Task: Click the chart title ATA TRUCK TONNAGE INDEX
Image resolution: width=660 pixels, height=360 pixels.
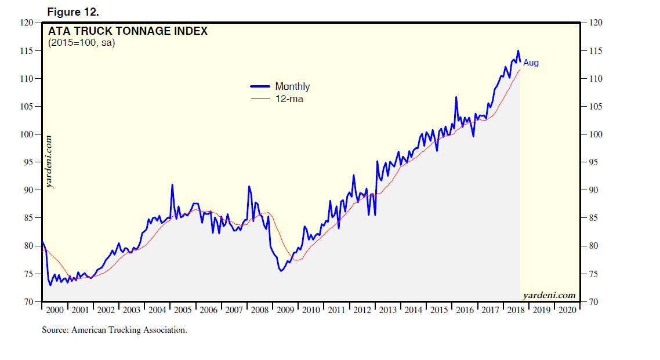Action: (128, 31)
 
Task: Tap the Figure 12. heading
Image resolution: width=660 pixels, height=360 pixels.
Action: (70, 12)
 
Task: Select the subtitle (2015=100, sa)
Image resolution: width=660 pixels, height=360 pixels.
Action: (82, 43)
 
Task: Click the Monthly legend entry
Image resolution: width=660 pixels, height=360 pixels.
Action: (292, 86)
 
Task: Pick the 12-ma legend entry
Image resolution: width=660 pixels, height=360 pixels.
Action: (289, 99)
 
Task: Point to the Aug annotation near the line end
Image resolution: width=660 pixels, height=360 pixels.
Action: (531, 63)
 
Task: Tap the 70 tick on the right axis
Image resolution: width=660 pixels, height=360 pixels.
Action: (592, 302)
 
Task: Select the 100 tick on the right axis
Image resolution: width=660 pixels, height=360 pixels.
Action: (594, 134)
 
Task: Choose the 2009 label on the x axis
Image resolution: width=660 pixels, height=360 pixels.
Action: (285, 310)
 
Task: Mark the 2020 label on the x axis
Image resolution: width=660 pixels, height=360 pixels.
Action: (567, 310)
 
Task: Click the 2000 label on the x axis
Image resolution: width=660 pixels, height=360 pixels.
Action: (55, 310)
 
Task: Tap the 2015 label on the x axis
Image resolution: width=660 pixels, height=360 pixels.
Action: (439, 310)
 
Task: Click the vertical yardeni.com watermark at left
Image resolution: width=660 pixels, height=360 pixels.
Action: (49, 162)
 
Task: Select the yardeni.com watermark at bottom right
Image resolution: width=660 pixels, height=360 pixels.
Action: (549, 295)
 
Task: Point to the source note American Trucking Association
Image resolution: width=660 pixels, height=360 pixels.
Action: (114, 330)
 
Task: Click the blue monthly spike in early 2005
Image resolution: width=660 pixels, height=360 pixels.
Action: (172, 185)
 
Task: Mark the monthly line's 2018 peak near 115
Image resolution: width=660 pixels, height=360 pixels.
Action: (518, 51)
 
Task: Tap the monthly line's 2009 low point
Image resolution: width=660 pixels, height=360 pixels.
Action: (281, 270)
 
